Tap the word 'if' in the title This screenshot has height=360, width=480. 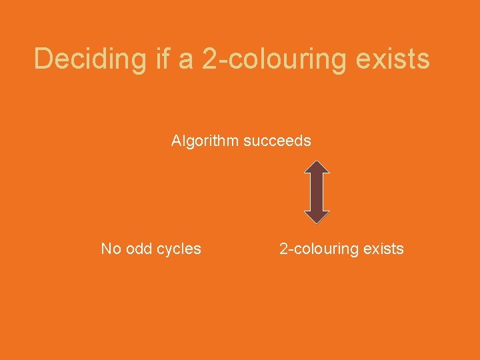pyautogui.click(x=163, y=59)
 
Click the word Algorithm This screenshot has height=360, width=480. pyautogui.click(x=205, y=141)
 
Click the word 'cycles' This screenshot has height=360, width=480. pyautogui.click(x=179, y=249)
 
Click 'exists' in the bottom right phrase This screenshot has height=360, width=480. pyautogui.click(x=383, y=249)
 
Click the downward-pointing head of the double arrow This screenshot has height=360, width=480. pyautogui.click(x=317, y=216)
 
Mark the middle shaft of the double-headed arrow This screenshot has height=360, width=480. pyautogui.click(x=317, y=192)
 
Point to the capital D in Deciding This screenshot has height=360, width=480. pyautogui.click(x=43, y=59)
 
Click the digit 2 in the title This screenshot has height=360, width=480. pyautogui.click(x=208, y=59)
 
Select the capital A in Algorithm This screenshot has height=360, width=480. pyautogui.click(x=176, y=141)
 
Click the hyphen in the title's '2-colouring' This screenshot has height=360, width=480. pyautogui.click(x=219, y=62)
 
